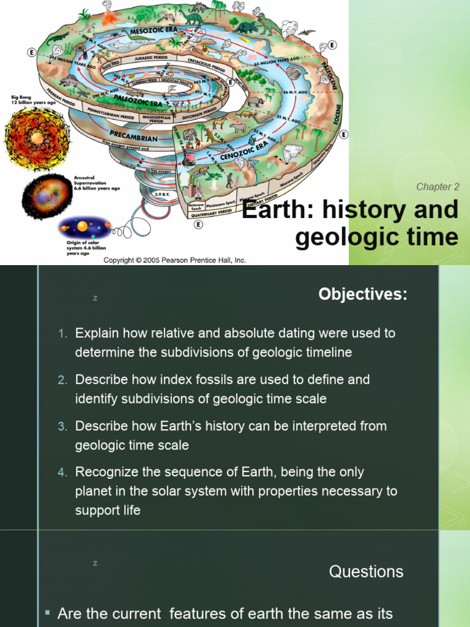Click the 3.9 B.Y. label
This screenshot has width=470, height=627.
[x=162, y=194]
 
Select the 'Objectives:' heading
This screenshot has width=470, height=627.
[x=362, y=295]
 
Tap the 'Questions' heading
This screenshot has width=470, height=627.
[x=366, y=572]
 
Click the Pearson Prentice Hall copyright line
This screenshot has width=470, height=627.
[x=174, y=260]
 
